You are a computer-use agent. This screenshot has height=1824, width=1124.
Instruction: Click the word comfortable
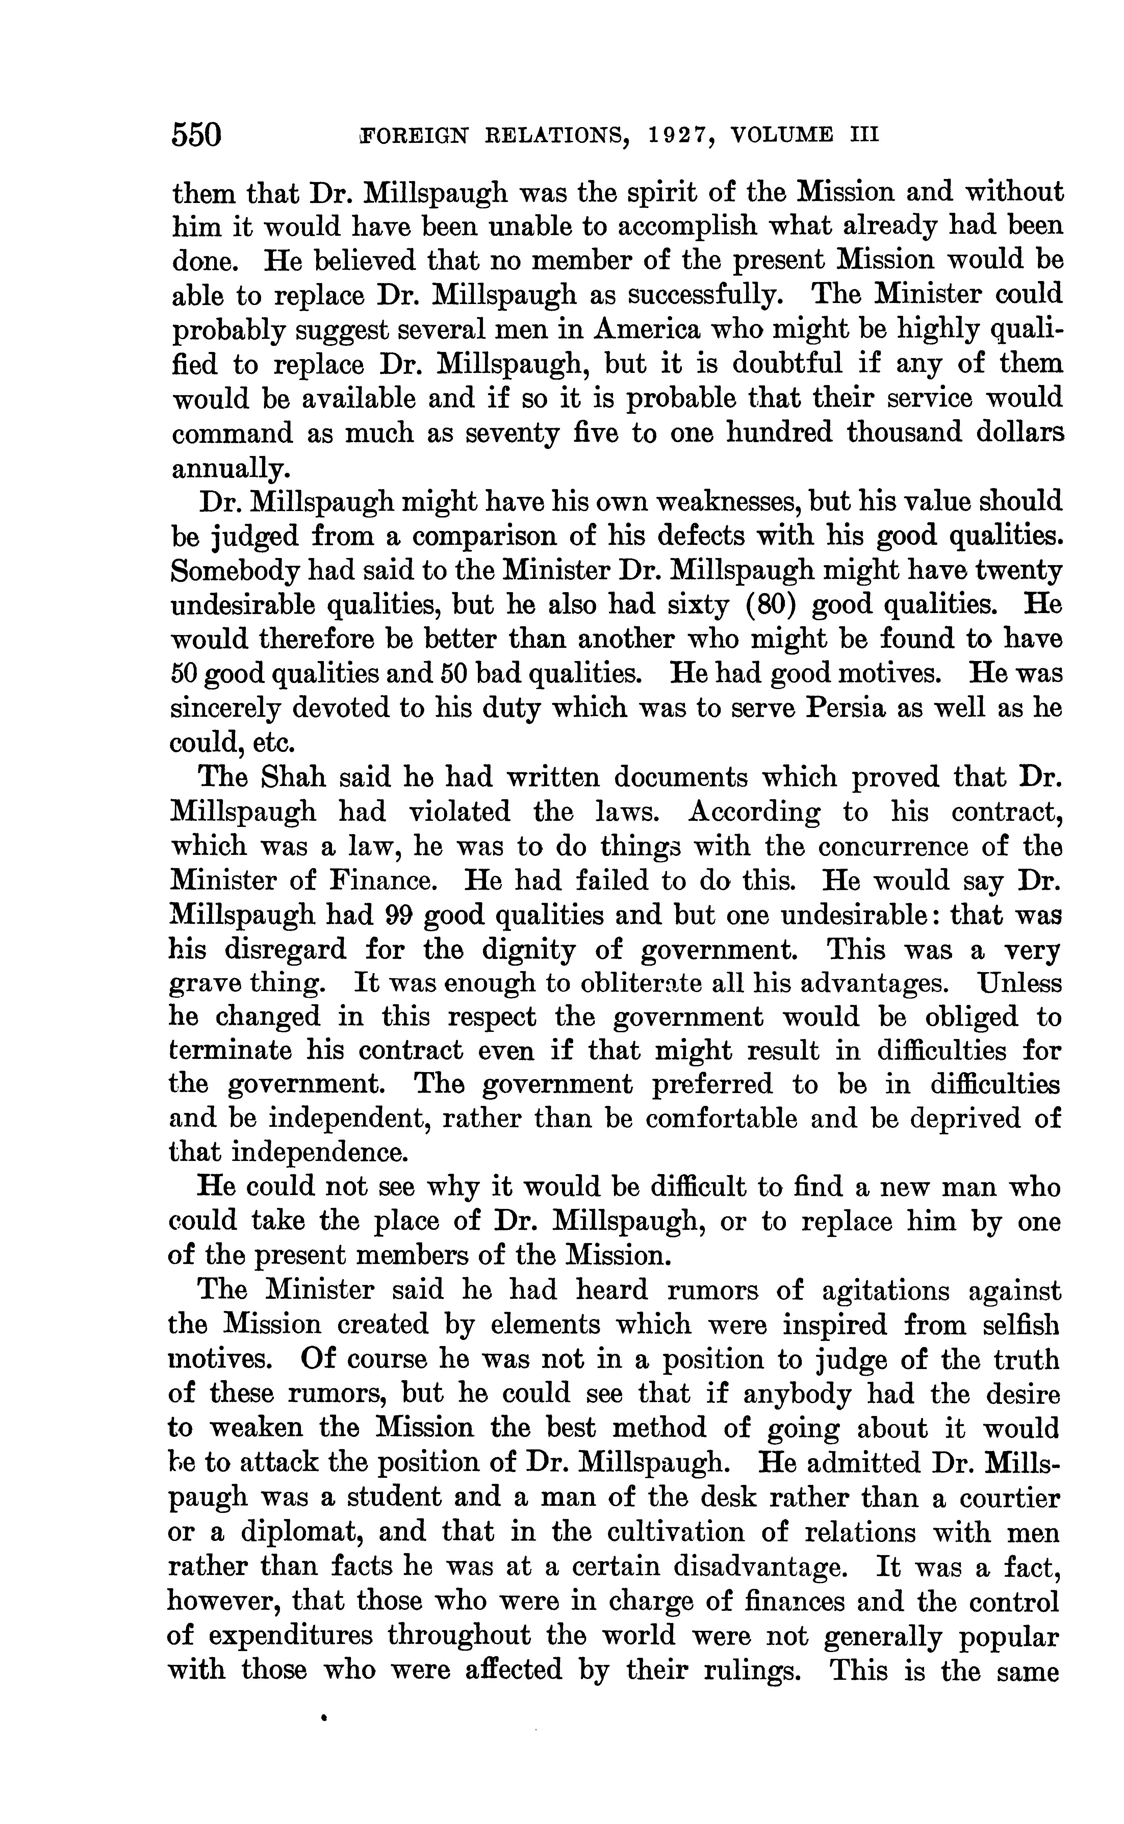point(721,1119)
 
